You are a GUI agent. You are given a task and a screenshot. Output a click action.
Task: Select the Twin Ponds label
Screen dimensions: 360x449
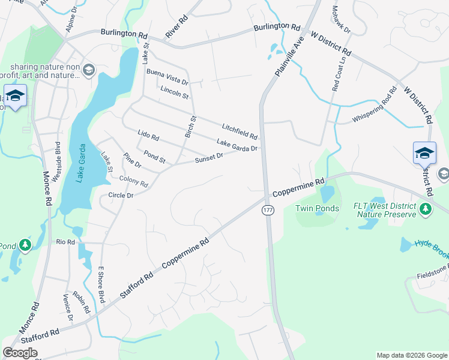317,208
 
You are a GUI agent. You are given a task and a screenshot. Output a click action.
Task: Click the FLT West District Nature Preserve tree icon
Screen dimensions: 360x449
426,209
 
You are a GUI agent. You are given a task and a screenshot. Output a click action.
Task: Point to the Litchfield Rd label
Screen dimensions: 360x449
239,128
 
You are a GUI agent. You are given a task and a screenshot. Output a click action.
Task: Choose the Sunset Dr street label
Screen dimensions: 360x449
209,158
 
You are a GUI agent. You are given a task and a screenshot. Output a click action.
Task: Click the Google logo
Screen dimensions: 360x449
20,352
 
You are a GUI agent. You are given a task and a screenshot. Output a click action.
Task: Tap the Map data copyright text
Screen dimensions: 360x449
412,355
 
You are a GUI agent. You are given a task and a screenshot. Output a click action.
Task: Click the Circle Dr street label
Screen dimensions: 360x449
120,195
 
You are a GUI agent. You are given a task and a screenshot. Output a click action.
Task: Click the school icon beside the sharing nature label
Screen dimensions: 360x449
89,71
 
